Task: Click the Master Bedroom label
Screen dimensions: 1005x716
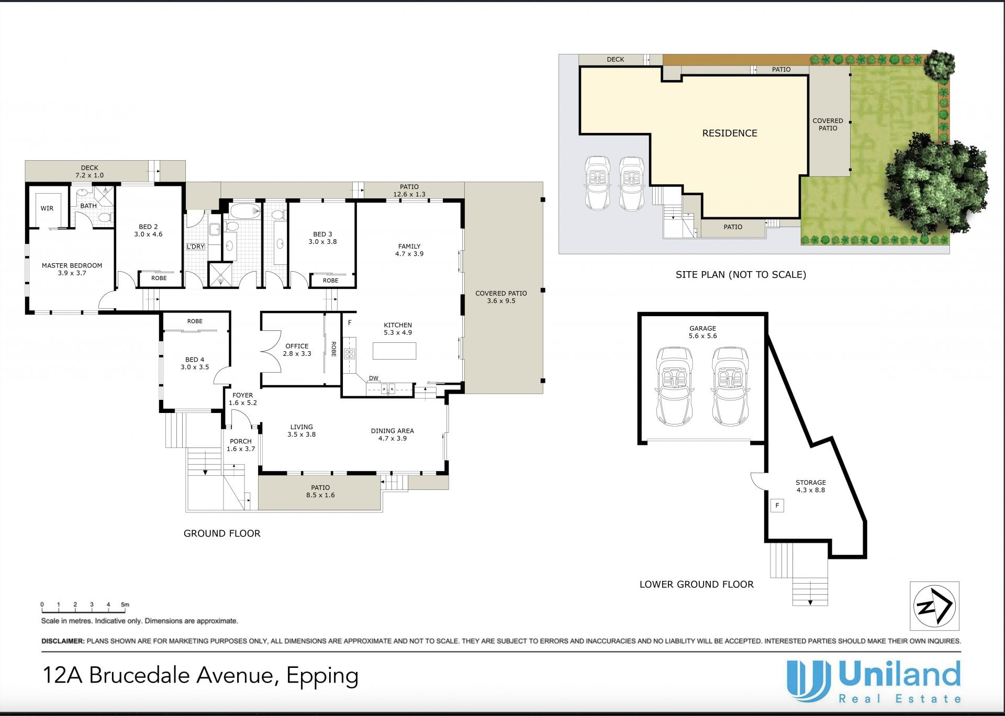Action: [72, 265]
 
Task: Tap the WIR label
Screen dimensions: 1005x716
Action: [47, 208]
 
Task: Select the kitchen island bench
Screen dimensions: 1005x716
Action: [394, 351]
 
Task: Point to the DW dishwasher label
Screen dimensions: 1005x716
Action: [374, 378]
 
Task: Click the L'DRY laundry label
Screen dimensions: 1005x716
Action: [196, 247]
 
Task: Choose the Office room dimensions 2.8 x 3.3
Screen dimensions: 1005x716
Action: [297, 354]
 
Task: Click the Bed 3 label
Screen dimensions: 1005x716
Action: [322, 234]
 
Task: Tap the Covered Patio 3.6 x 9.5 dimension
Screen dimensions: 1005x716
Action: [501, 301]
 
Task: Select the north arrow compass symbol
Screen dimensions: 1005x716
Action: [934, 606]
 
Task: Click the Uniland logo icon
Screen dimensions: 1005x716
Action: [809, 681]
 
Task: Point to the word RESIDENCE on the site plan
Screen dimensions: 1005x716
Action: [730, 133]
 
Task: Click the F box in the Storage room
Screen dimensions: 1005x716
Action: [777, 506]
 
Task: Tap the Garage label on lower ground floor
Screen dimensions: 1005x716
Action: [702, 329]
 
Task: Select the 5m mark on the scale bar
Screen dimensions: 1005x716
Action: [125, 605]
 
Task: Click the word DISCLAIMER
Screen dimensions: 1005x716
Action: [63, 641]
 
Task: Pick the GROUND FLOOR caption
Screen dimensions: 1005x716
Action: [222, 533]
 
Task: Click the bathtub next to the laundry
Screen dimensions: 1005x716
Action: [245, 212]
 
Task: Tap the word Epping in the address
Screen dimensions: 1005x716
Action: [322, 676]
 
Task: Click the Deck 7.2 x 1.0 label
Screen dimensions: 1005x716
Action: [90, 172]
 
